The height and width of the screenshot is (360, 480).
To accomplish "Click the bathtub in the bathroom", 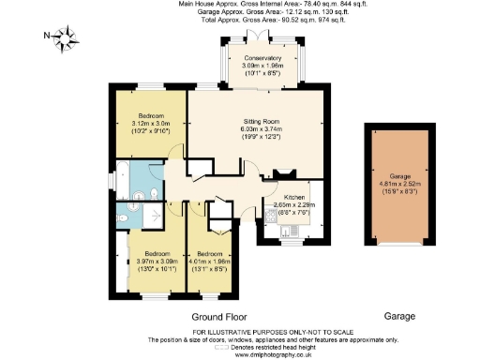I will (119, 175).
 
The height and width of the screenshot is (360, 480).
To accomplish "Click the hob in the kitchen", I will (271, 214).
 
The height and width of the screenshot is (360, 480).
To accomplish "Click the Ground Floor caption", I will (217, 317).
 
